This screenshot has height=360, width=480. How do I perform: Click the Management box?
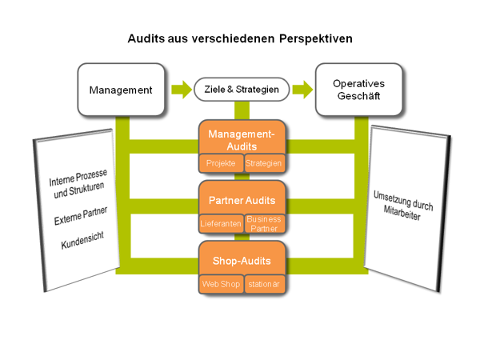[x=121, y=90]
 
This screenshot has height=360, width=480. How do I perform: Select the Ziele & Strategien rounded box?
[x=242, y=90]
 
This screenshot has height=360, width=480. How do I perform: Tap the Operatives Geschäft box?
[x=357, y=90]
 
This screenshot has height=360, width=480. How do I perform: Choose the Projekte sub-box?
[x=220, y=163]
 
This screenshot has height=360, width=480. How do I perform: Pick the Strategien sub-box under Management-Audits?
[x=264, y=163]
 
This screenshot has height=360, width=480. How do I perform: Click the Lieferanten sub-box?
[x=220, y=224]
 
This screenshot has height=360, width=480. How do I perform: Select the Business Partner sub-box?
[x=264, y=223]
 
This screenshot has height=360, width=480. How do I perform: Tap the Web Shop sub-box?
[x=220, y=283]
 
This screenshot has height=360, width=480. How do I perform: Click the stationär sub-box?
[x=264, y=283]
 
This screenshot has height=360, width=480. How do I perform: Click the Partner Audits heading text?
[x=242, y=199]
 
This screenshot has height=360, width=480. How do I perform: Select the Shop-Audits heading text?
[x=242, y=260]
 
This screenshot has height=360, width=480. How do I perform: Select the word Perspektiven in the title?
[x=310, y=38]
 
